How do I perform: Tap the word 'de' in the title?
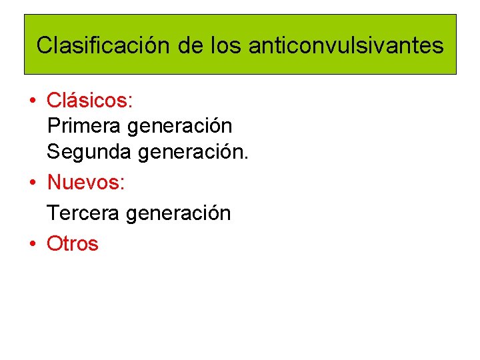coord(190,45)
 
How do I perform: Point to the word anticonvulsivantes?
coord(345,45)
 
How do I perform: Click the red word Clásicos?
coord(89,101)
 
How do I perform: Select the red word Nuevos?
coord(85,181)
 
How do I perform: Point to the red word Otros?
coord(72,244)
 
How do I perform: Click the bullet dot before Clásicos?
coord(31,102)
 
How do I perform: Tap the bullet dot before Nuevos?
coord(31,183)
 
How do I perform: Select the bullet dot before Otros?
coord(31,245)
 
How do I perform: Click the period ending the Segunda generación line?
coord(246,158)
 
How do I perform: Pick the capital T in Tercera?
coord(52,213)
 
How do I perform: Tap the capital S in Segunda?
coord(53,152)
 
